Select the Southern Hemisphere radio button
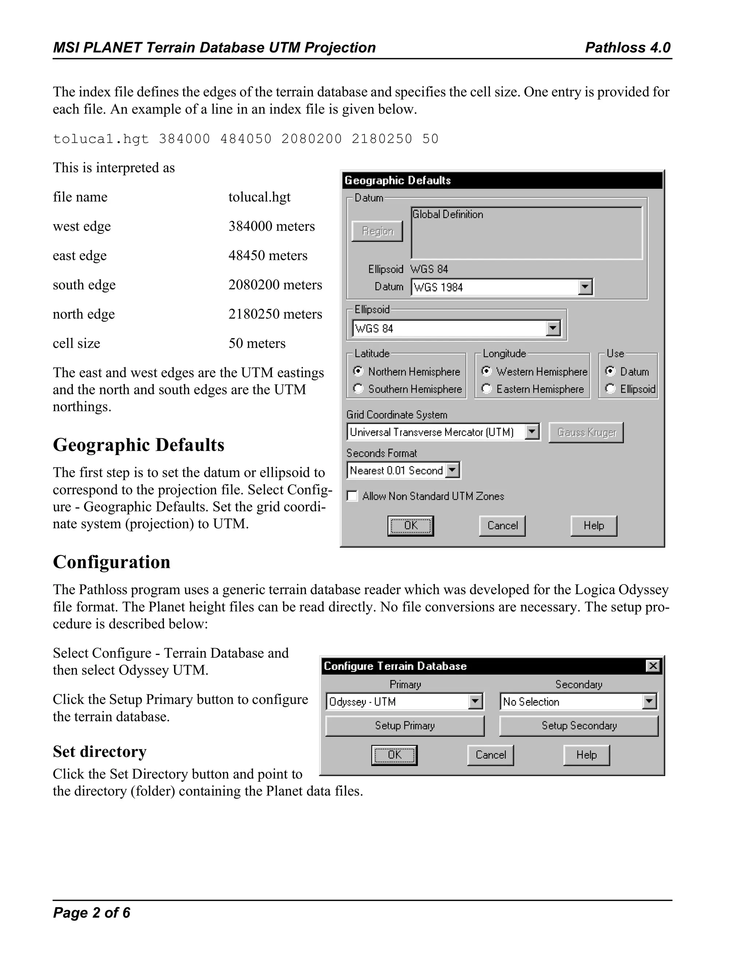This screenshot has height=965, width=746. click(x=358, y=389)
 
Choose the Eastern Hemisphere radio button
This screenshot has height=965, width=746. click(x=486, y=389)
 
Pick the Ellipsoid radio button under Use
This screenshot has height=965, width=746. click(x=610, y=389)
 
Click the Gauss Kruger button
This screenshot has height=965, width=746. click(x=586, y=432)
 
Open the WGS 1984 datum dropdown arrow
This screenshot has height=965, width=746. click(x=585, y=287)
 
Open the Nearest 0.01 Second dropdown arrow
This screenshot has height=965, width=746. click(x=452, y=470)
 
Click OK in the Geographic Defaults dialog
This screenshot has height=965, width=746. click(x=411, y=526)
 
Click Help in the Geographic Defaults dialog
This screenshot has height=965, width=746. click(x=593, y=526)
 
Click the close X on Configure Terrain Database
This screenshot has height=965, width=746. click(x=653, y=666)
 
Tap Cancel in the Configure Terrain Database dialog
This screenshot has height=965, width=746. click(x=490, y=755)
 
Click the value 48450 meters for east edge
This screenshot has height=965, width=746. click(x=267, y=256)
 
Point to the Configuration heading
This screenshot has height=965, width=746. click(x=111, y=562)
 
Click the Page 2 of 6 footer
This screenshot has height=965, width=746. click(x=91, y=913)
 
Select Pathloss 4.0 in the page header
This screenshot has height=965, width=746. click(x=628, y=47)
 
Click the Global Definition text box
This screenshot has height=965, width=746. click(x=526, y=233)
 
